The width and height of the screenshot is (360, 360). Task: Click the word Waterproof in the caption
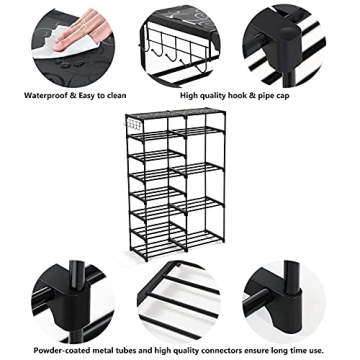coord(47,97)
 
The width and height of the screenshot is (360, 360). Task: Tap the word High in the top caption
coord(190,97)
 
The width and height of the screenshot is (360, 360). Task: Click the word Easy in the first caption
coord(90,97)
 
